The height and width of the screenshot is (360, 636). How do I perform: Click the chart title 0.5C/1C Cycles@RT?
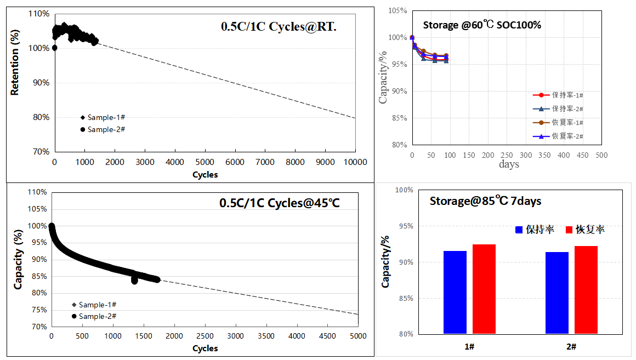coord(279,26)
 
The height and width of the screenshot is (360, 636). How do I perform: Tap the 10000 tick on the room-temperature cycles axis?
coord(355,162)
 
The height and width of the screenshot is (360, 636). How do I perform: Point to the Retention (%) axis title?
coord(15,64)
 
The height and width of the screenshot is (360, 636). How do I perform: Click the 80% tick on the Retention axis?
coord(42,117)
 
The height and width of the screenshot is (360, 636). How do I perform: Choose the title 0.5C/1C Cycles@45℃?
coord(280,203)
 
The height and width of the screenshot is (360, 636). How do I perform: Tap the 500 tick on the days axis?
coord(601,155)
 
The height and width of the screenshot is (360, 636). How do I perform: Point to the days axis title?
coord(509,164)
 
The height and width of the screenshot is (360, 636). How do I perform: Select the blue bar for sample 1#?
coord(455,292)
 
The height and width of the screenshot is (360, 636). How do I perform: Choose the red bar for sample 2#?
coord(586,290)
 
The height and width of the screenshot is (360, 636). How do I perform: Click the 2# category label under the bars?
coord(571,346)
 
